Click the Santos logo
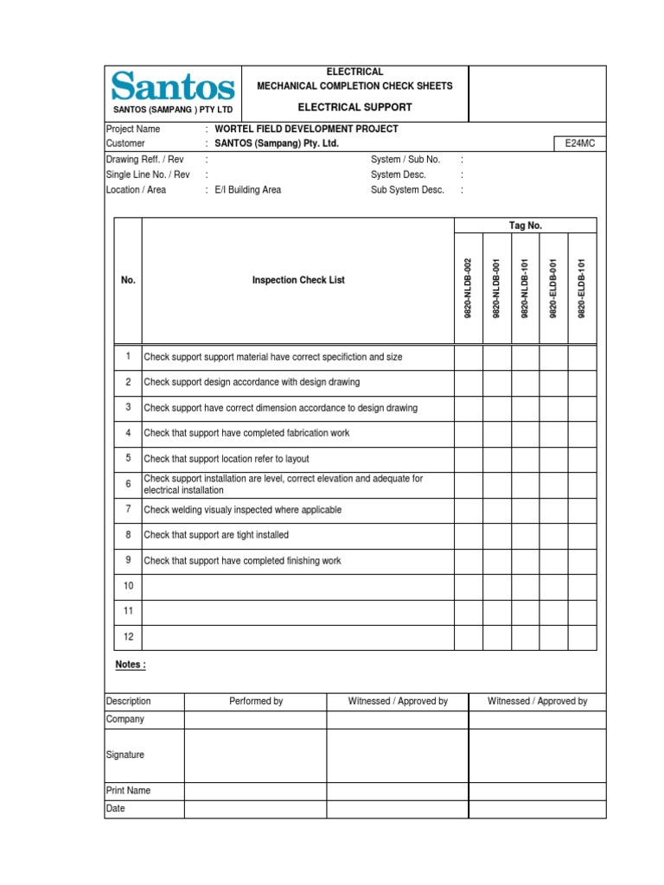coord(173,87)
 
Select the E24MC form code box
coord(579,144)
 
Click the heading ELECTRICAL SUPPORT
coord(354,107)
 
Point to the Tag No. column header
coord(525,226)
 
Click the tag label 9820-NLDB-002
coord(469,289)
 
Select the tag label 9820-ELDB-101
coord(582,289)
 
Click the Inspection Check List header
coord(298,280)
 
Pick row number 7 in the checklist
coord(128,509)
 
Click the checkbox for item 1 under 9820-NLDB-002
coord(469,357)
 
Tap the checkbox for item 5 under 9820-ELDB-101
coord(582,459)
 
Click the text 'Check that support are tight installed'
coord(216,535)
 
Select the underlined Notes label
coord(131,665)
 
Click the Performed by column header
coord(255,701)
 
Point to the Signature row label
coord(125,754)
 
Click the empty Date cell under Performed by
coord(255,809)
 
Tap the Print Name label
coord(128,790)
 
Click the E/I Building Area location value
coord(248,190)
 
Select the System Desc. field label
coord(399,175)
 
